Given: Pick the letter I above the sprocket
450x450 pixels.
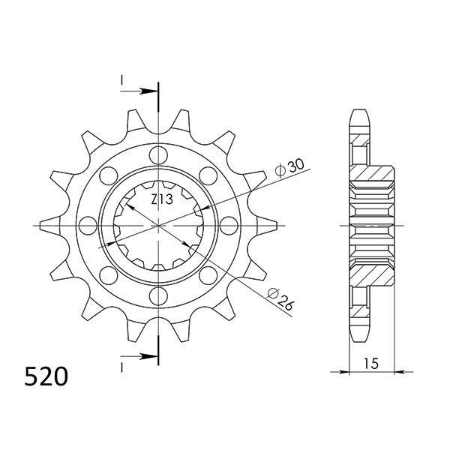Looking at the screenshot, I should [x=120, y=79].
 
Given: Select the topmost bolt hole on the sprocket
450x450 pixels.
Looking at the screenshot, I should [x=159, y=156].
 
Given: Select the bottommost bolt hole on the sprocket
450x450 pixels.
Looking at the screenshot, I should [x=159, y=295].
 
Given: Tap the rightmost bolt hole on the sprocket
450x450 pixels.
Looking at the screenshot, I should [x=228, y=225].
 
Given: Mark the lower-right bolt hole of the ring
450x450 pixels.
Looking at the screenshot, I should [x=208, y=274].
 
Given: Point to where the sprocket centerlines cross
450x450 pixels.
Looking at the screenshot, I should [x=159, y=225].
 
